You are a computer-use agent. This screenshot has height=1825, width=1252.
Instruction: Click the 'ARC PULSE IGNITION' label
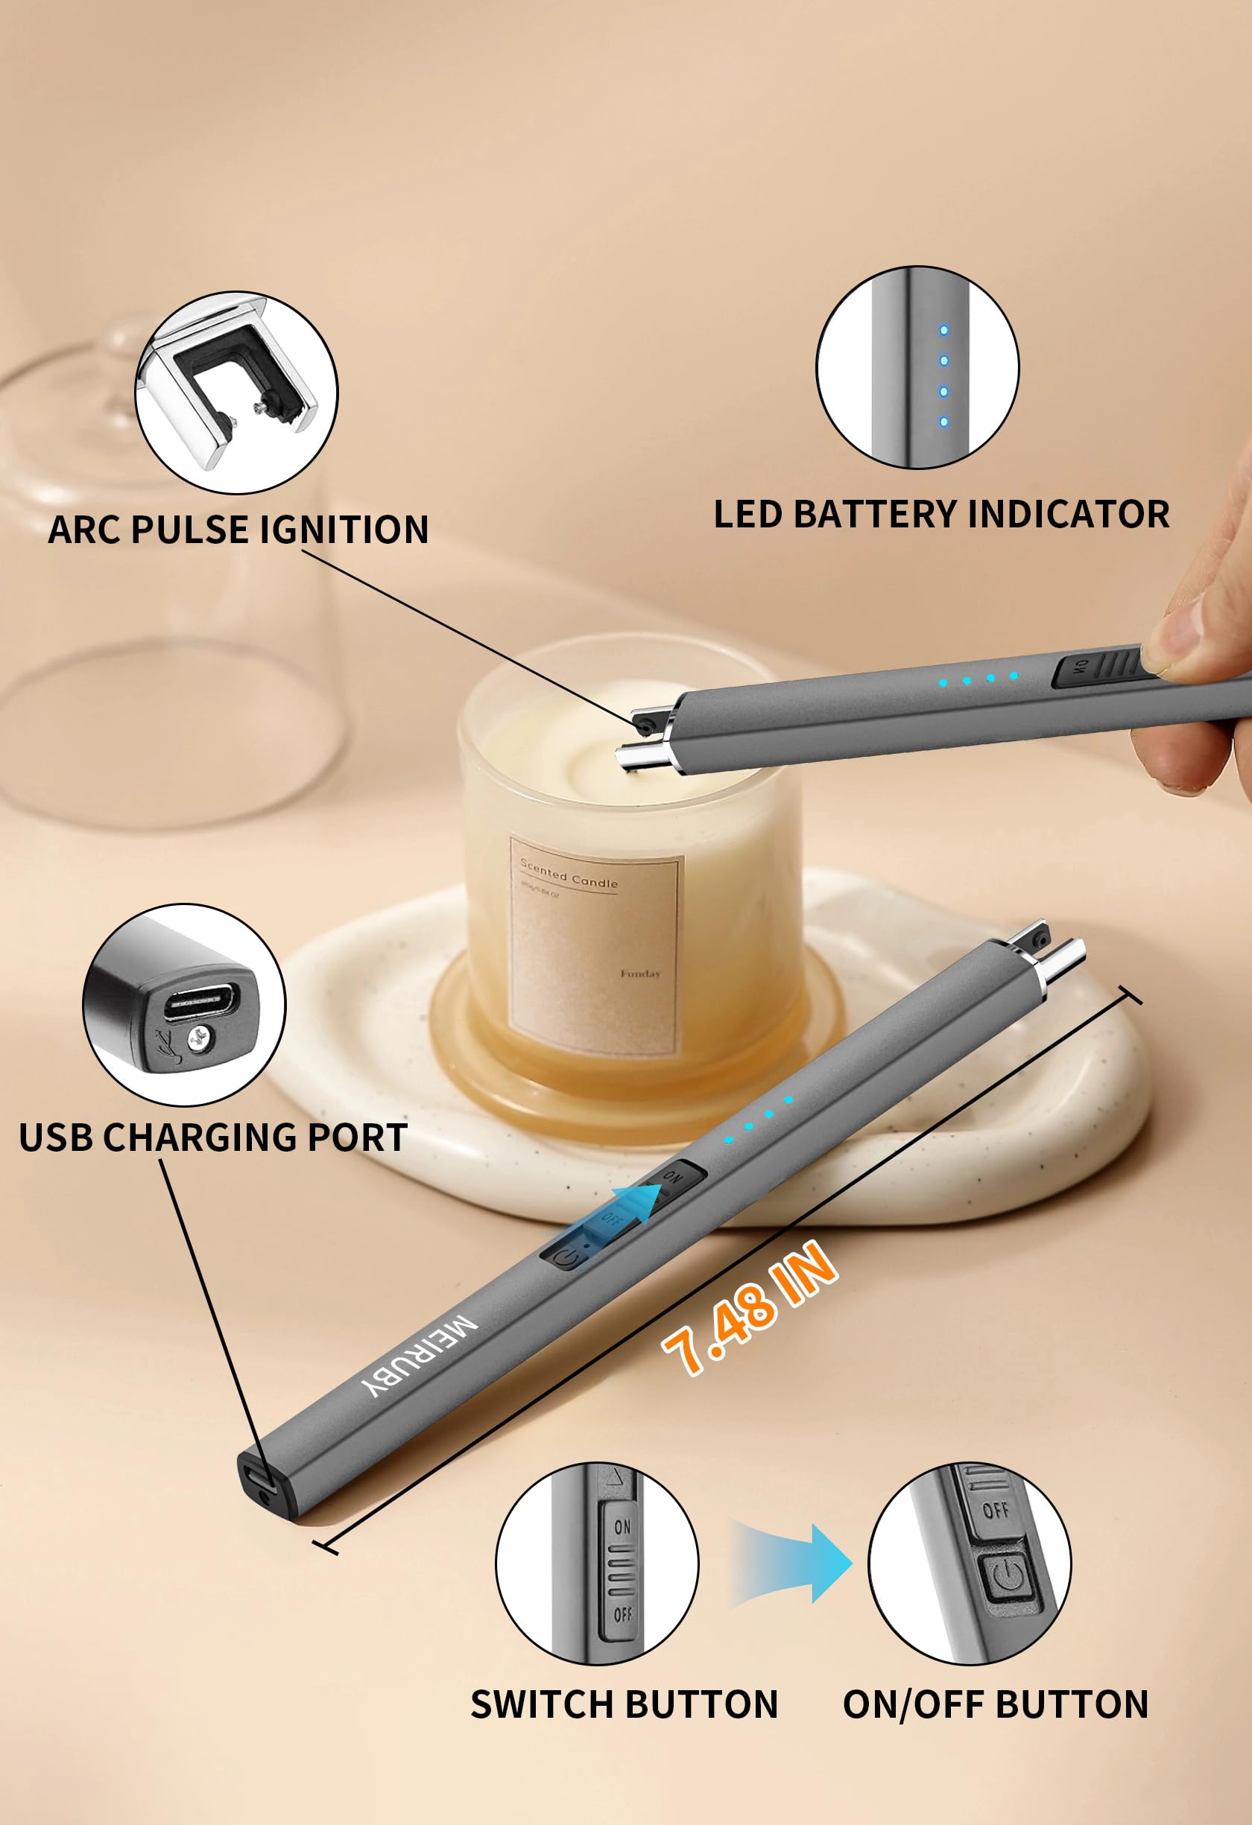tap(238, 530)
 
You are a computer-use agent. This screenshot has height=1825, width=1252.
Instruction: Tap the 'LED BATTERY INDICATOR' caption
tap(941, 515)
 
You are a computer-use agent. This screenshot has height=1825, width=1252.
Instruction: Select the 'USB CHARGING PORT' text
tap(213, 1137)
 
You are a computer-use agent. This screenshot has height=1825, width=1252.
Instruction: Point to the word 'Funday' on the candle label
tap(640, 974)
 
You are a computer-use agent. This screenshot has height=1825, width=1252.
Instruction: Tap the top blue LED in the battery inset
tap(943, 331)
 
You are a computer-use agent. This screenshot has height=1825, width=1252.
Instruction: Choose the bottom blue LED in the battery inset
tap(943, 422)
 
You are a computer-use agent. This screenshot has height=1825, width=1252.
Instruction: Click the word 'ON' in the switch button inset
tap(622, 1526)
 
